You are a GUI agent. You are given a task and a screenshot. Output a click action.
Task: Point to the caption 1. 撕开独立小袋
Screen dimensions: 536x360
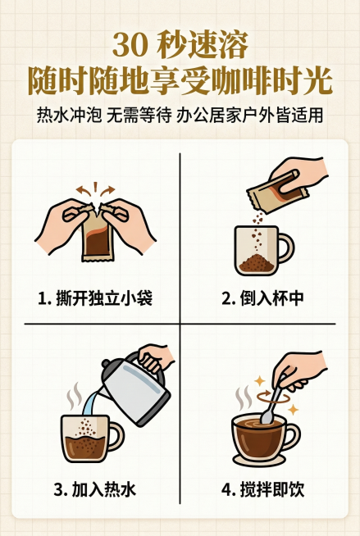94,298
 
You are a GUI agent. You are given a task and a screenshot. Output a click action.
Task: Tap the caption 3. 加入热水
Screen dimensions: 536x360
94,490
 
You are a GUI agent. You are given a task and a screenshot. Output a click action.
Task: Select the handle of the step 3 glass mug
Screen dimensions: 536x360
114,434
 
